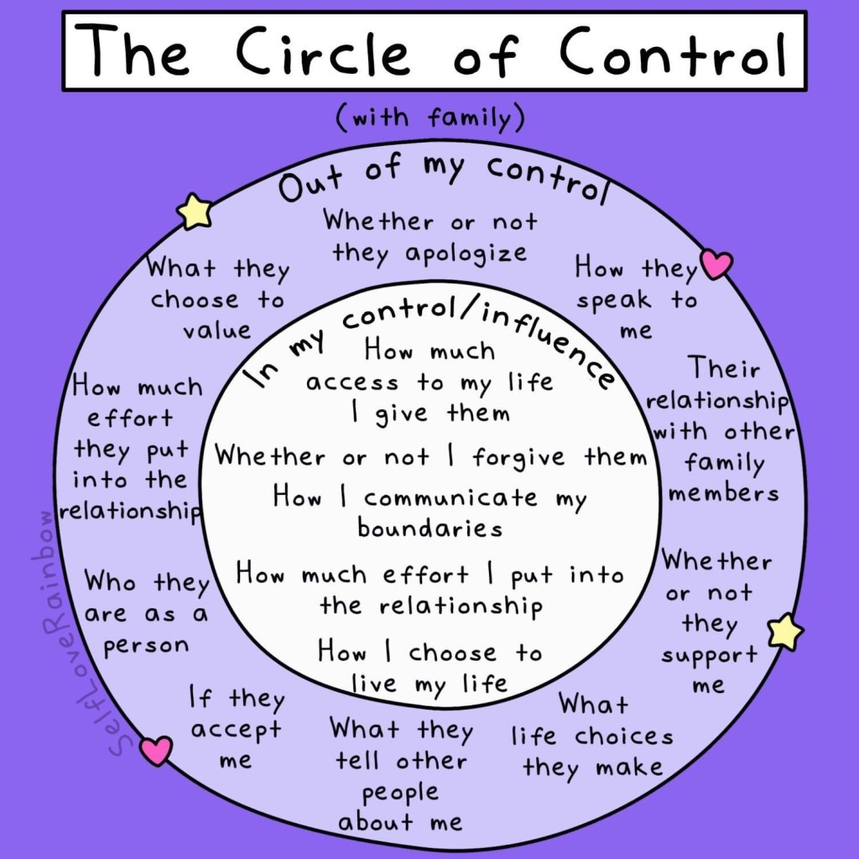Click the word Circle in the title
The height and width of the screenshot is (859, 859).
pyautogui.click(x=323, y=51)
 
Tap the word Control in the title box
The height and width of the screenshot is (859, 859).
pyautogui.click(x=673, y=51)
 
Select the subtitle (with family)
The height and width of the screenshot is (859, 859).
pyautogui.click(x=429, y=117)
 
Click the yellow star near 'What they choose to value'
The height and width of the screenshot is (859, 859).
pyautogui.click(x=195, y=211)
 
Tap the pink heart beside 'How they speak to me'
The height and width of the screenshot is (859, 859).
pyautogui.click(x=716, y=263)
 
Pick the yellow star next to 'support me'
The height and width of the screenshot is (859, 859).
pyautogui.click(x=785, y=631)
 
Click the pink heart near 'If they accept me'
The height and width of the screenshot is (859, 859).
pyautogui.click(x=156, y=749)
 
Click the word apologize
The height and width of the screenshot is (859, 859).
pyautogui.click(x=466, y=254)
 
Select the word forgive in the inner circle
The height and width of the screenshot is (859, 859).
pyautogui.click(x=518, y=457)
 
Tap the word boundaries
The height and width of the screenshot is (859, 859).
pyautogui.click(x=430, y=528)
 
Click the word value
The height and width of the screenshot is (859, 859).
pyautogui.click(x=216, y=331)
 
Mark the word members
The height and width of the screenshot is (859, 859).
pyautogui.click(x=723, y=493)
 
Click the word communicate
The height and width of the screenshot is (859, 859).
pyautogui.click(x=450, y=498)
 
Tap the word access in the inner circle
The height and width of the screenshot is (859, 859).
pyautogui.click(x=351, y=383)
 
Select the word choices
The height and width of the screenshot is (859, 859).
pyautogui.click(x=624, y=736)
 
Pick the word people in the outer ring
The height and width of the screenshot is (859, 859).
pyautogui.click(x=400, y=793)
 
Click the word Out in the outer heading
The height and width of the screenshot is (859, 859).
pyautogui.click(x=310, y=184)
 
